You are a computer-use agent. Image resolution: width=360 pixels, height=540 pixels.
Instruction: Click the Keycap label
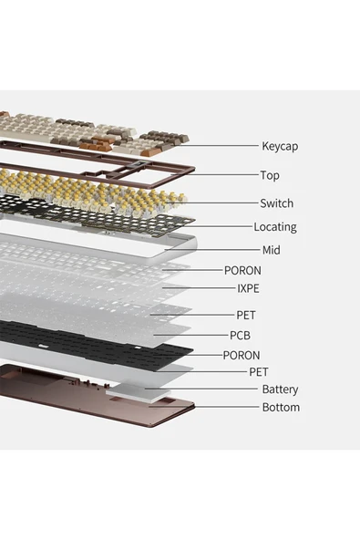[280, 146]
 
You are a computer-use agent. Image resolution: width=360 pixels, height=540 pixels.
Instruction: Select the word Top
[270, 175]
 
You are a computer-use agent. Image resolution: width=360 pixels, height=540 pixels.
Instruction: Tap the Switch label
[277, 203]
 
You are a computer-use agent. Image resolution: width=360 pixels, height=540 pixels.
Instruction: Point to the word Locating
[275, 227]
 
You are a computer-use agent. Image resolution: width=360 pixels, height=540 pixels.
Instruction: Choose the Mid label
[272, 250]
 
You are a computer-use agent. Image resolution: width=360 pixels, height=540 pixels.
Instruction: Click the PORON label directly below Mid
[242, 270]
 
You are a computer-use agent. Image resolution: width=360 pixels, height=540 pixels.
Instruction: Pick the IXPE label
[248, 288]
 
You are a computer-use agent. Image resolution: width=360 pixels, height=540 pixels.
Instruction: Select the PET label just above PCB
[246, 315]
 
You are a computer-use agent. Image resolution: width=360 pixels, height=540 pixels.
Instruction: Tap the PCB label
[240, 335]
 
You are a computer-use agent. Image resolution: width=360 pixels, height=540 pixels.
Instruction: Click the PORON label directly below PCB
[242, 355]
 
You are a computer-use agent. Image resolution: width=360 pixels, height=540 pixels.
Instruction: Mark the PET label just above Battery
[259, 371]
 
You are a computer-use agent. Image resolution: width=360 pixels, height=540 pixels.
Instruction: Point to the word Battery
[280, 389]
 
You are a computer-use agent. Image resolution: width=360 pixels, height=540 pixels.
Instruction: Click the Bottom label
[281, 407]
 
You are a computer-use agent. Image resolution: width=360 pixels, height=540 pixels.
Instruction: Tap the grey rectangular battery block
[139, 393]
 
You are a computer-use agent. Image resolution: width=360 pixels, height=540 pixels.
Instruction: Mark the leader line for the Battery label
[201, 389]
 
